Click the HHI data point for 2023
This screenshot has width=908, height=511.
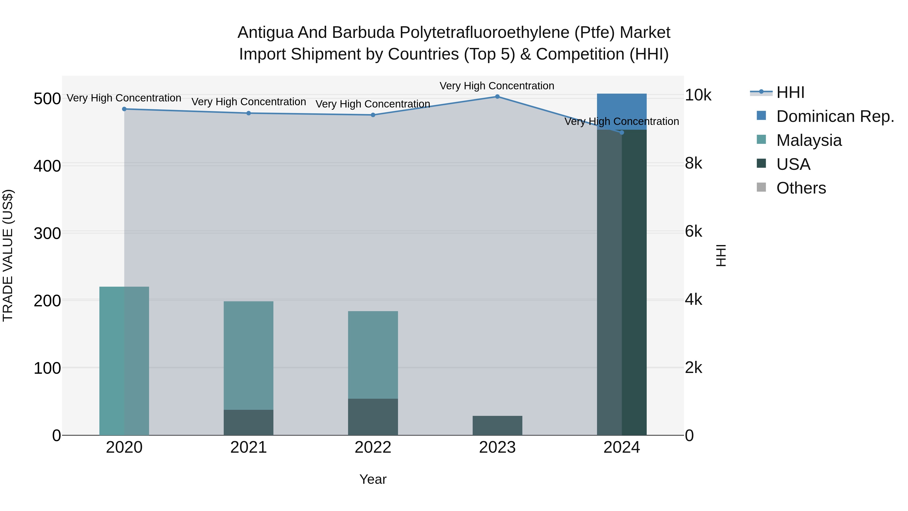[497, 96]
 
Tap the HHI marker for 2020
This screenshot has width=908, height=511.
[124, 109]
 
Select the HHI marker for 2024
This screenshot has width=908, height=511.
[621, 132]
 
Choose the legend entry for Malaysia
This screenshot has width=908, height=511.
[809, 140]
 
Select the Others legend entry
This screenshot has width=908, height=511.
[801, 188]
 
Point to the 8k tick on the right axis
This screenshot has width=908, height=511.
[693, 163]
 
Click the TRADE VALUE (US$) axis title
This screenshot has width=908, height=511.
[8, 255]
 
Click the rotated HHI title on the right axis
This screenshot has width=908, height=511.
[721, 255]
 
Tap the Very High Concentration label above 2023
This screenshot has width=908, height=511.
[497, 86]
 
